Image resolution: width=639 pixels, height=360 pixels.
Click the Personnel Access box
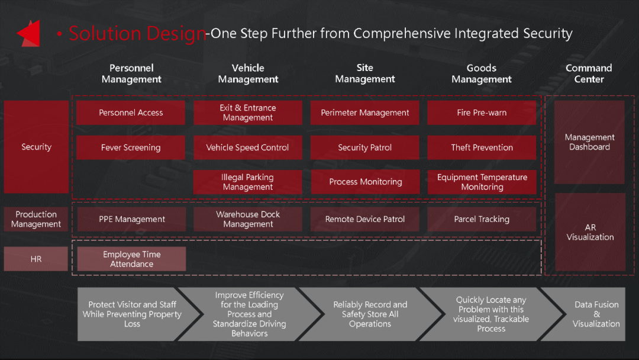pos(130,112)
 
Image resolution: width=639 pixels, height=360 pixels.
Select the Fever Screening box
pos(130,147)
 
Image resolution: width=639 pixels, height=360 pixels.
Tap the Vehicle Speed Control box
pos(248,147)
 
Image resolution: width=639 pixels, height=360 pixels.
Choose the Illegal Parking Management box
pos(248,182)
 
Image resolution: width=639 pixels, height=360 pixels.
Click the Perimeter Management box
pos(364,112)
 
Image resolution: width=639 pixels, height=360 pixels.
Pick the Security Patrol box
pos(364,147)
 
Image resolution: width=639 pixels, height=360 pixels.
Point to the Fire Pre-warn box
pos(482,112)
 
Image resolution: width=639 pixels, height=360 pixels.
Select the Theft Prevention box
pos(482,147)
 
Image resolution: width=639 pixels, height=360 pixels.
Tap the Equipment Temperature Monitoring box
pos(482,182)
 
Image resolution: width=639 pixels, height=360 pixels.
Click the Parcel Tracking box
pos(482,219)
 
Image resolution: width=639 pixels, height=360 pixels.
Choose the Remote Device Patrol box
pos(364,219)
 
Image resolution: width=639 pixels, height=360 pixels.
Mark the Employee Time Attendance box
pos(131,259)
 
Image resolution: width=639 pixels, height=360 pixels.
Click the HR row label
pos(36,259)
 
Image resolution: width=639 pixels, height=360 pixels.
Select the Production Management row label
pos(36,219)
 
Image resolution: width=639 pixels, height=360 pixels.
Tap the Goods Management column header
pos(481,73)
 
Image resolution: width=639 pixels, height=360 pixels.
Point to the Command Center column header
pos(589,73)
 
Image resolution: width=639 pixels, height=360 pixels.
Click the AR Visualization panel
pos(590,232)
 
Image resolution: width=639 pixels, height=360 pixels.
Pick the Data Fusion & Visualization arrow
pos(587,314)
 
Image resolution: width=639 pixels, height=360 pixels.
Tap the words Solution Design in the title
pos(138,33)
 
